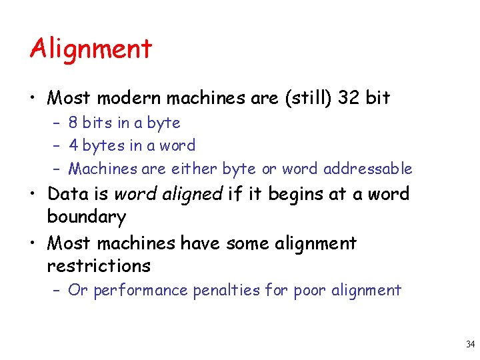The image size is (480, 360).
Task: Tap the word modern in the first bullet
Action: pos(129,99)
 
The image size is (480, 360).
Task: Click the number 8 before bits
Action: pos(73,123)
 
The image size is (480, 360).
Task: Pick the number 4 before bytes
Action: pos(73,145)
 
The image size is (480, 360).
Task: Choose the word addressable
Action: pos(367,169)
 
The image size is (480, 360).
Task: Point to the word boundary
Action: pos(87,217)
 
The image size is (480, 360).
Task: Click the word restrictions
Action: pos(99,266)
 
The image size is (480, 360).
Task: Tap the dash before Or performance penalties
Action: pos(57,291)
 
